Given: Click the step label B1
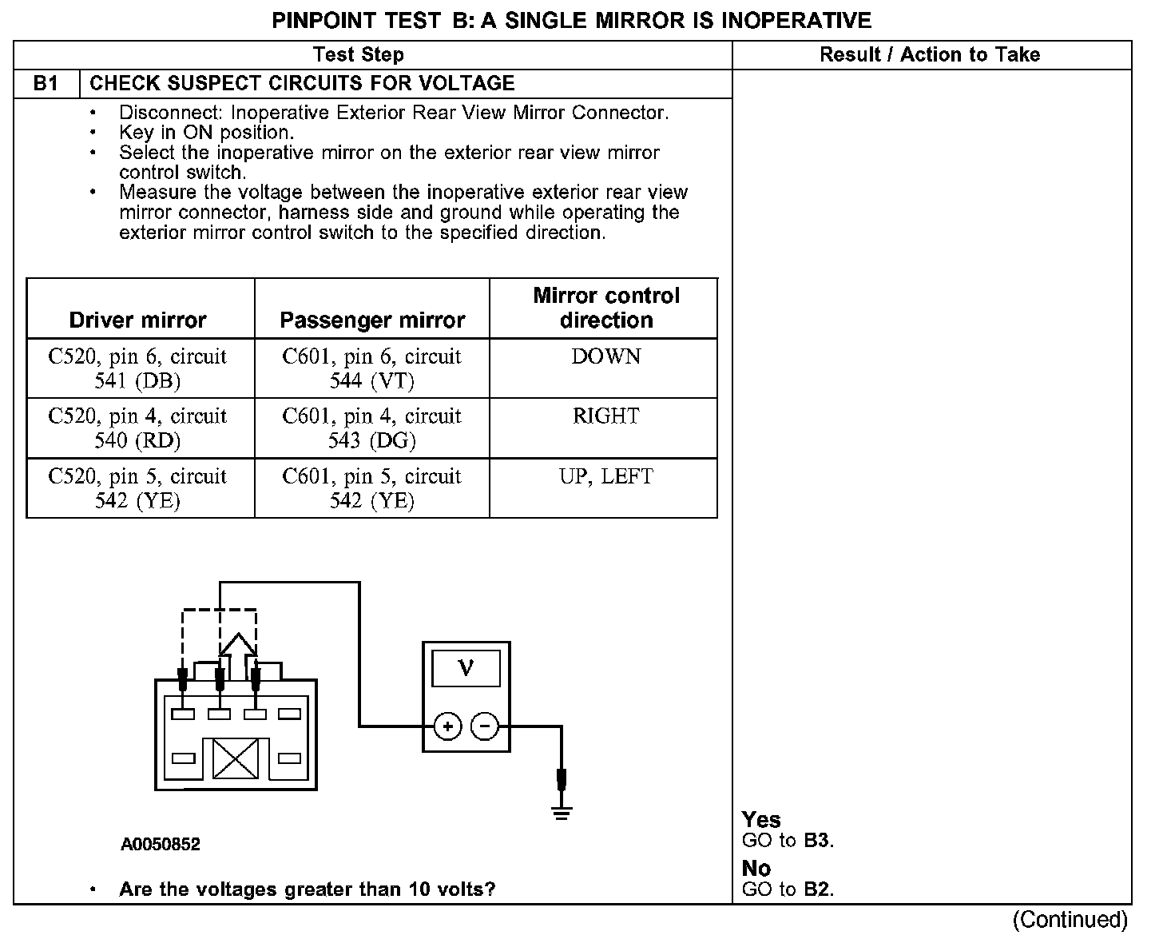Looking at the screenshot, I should pos(46,84).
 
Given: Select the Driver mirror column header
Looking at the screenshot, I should pos(137,320).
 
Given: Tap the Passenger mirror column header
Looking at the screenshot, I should pos(372,320).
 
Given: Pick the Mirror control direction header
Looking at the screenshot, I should pos(606,308).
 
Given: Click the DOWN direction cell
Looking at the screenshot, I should pos(606,356).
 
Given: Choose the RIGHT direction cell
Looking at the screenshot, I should pos(606,416).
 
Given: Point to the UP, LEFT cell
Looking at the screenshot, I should pos(606,476).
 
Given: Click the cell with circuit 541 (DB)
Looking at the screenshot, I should pos(137,368).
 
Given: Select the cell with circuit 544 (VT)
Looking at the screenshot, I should pos(372,368).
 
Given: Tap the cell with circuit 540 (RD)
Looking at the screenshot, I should pos(137,428).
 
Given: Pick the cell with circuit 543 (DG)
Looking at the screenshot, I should pos(372,428).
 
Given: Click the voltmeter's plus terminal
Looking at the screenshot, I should pos(448,726).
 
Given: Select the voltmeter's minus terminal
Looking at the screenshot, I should pos(484,726).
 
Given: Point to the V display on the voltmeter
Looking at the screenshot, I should pos(466,668).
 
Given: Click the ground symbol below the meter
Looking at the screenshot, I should pos(562,814).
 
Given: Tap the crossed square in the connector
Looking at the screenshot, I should pos(236,758).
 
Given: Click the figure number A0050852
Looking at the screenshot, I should pos(161,844).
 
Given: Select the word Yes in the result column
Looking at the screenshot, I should pos(761,820).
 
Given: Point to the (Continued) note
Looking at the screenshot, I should pos(1070,920).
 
